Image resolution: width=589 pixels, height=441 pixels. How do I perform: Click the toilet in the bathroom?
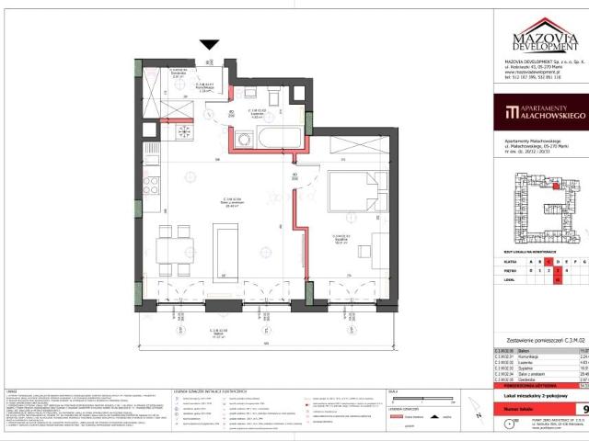[x=274, y=99]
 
